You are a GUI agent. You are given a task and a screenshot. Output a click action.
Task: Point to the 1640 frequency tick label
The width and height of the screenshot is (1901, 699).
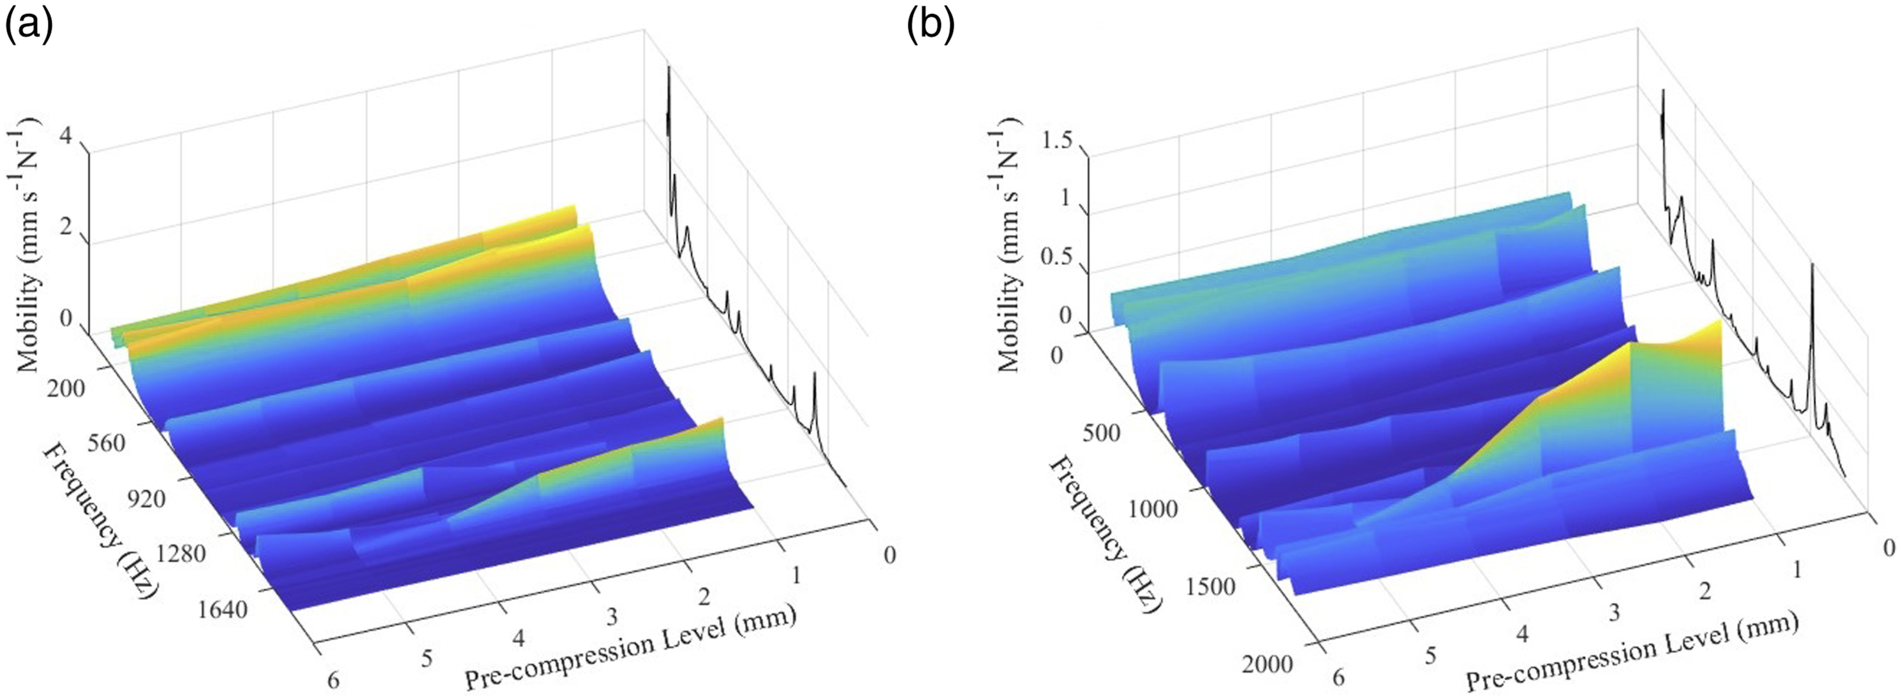pyautogui.click(x=223, y=610)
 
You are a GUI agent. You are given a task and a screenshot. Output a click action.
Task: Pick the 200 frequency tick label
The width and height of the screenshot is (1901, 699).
pyautogui.click(x=65, y=388)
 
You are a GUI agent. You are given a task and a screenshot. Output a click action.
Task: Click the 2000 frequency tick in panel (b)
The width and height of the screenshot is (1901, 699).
pyautogui.click(x=1266, y=665)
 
